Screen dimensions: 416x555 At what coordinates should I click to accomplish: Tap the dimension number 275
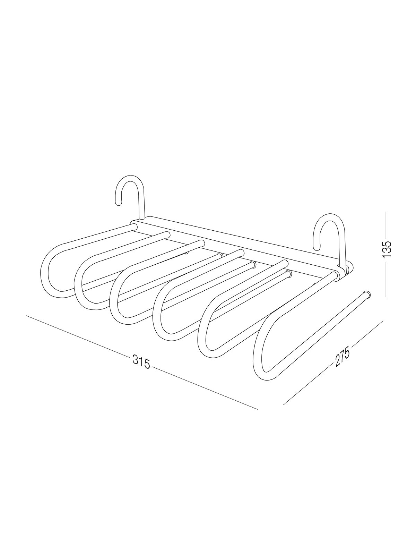[343, 357]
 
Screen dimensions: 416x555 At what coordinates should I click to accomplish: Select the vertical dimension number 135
[387, 249]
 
